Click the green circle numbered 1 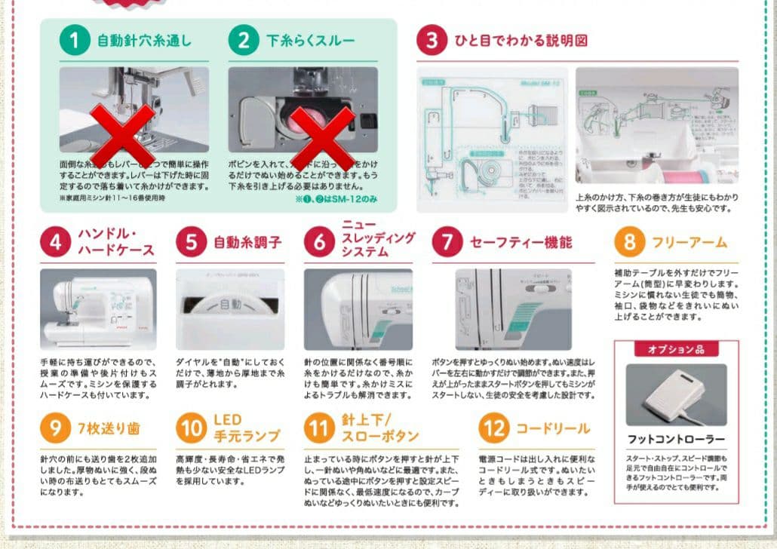tap(74, 40)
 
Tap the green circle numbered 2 tap(243, 40)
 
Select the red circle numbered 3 tap(431, 40)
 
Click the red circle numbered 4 tap(55, 242)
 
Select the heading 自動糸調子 tap(247, 242)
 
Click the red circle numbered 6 tap(319, 242)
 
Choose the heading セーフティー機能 tap(521, 242)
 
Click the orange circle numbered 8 tap(629, 242)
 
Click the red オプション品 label tap(675, 349)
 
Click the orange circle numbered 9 tap(55, 428)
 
